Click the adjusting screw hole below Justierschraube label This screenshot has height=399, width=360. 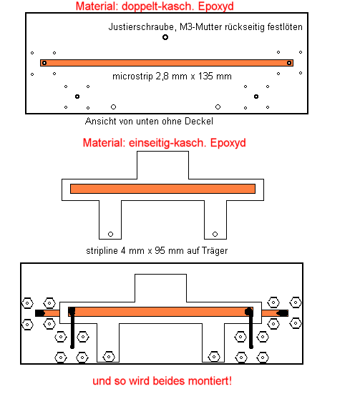[165, 37]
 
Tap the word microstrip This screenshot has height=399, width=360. [132, 77]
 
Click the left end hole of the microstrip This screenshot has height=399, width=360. [44, 63]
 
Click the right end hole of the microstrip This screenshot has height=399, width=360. [289, 63]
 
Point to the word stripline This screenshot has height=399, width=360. [102, 251]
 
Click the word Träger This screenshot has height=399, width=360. [215, 251]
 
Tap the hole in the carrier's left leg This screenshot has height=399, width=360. [110, 234]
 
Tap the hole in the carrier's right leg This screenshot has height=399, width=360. [215, 234]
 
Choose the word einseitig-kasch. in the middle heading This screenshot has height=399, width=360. [167, 143]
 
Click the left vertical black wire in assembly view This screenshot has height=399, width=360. [72, 328]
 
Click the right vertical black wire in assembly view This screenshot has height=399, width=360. [251, 328]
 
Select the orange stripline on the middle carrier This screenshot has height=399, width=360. [162, 189]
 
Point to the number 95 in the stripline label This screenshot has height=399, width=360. [160, 251]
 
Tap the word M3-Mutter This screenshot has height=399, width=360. [201, 27]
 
